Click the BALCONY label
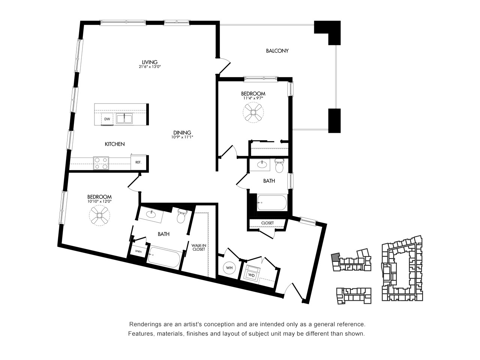[277, 51]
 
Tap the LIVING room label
[150, 62]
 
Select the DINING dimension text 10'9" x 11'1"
[182, 137]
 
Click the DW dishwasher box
[107, 119]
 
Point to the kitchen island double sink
[124, 119]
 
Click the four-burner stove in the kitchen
[101, 163]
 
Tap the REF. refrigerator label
[138, 162]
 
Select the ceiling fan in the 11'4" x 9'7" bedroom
[253, 112]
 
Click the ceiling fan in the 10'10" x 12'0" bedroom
[99, 215]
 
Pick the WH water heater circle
[229, 268]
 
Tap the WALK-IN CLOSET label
[198, 247]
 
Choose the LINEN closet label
[138, 251]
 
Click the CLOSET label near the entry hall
[267, 223]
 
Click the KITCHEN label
[115, 144]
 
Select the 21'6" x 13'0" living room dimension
[150, 67]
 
